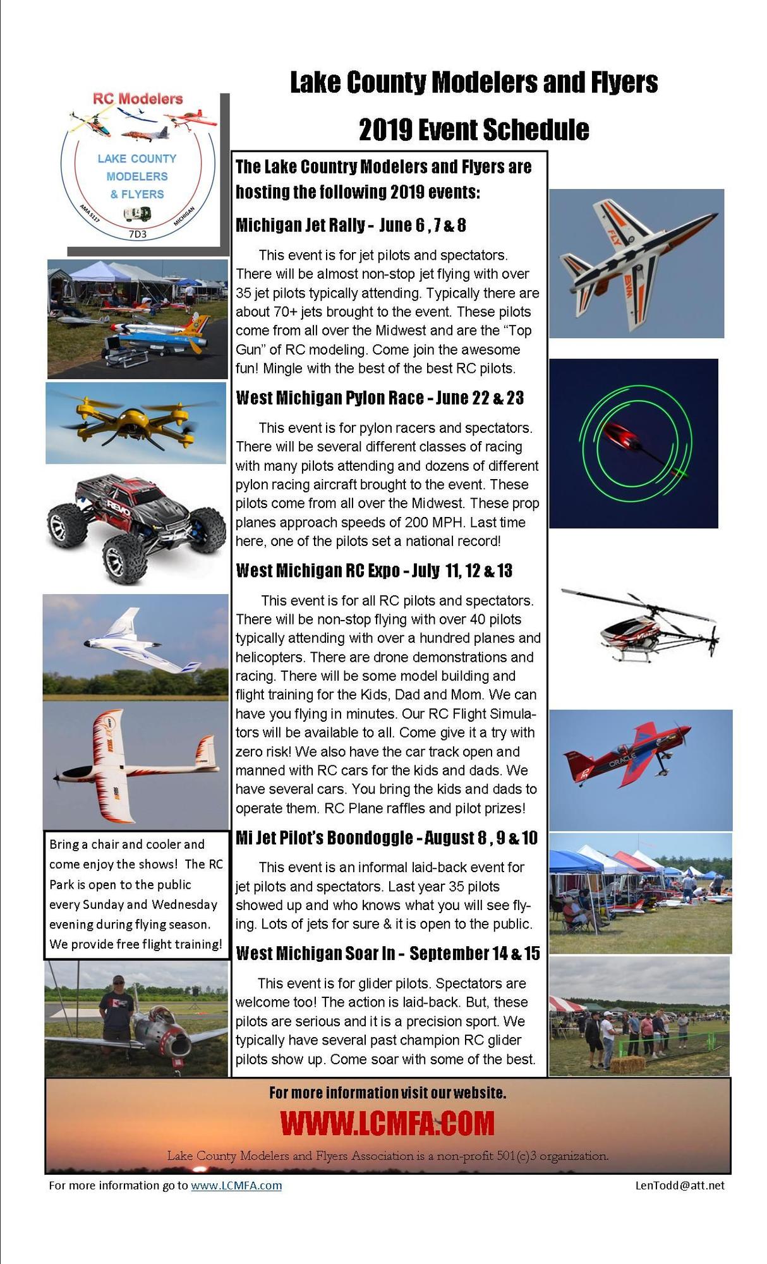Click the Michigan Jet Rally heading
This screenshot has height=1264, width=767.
coord(351,226)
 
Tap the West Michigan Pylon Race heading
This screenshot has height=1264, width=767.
coord(380,398)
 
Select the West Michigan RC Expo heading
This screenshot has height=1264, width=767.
coord(374,571)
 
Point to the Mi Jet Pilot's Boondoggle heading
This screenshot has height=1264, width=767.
coord(386,838)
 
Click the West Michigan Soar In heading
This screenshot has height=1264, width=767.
coord(387,954)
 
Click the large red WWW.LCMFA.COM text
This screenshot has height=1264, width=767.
coord(387,1123)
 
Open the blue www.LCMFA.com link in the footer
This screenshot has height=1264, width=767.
coord(236,1186)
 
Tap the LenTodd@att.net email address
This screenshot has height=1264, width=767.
coord(680,1186)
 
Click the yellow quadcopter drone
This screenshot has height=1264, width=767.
coord(135,422)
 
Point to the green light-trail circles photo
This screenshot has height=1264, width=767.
coord(633,443)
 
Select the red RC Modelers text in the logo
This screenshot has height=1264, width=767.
coord(138,99)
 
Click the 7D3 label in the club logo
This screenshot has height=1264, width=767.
coord(137,234)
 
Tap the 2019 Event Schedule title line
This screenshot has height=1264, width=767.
coord(474,130)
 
